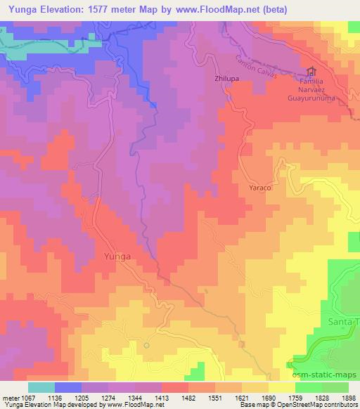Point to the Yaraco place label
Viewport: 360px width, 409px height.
click(x=260, y=189)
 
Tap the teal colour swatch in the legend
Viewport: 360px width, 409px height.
click(x=41, y=387)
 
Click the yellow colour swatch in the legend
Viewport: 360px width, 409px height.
click(x=281, y=387)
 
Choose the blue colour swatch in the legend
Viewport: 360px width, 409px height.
click(x=67, y=387)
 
